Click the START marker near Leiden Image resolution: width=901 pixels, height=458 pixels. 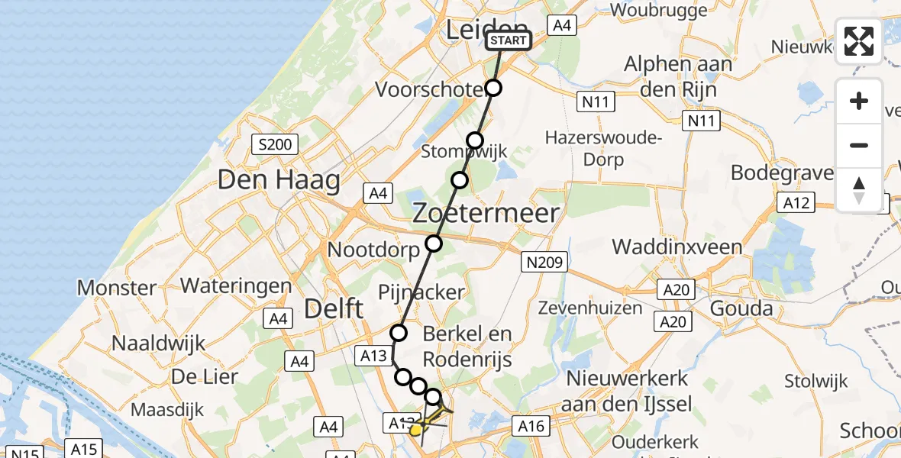click(508, 40)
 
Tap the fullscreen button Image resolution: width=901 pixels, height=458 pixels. click(859, 41)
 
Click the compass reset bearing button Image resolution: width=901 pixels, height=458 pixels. click(859, 189)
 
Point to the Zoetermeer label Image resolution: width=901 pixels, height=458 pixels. click(486, 213)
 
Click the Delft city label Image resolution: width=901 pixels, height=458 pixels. click(334, 308)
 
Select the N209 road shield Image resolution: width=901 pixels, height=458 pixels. click(544, 263)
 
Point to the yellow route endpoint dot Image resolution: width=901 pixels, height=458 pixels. click(416, 431)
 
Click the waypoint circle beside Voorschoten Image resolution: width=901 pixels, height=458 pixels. click(494, 88)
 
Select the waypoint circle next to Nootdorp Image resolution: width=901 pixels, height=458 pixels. click(434, 244)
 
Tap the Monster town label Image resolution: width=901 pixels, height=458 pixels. click(117, 288)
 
